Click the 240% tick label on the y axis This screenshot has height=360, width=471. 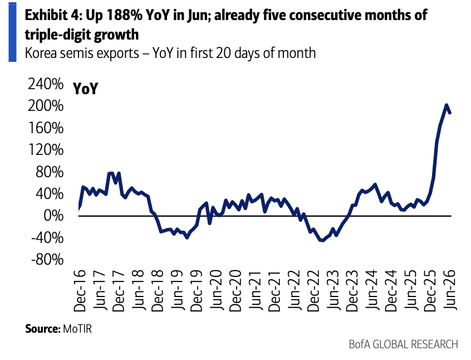point(46,84)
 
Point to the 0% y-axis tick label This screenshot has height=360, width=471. point(53,216)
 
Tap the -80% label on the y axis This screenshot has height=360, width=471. point(47,260)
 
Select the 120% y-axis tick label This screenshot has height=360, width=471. point(46,149)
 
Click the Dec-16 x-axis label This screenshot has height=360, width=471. point(80,290)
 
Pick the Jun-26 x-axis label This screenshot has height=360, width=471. point(450,290)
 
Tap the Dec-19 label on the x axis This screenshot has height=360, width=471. point(197,290)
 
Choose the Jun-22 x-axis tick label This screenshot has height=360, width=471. point(294,290)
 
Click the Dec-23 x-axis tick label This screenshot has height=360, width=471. point(352,290)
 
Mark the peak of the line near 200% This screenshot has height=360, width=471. point(447,105)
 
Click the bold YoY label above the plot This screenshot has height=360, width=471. point(85,89)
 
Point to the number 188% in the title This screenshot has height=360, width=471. point(124,15)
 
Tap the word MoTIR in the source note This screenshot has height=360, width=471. point(77,328)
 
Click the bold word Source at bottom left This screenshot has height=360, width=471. point(43,328)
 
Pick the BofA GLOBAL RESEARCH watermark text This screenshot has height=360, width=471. point(404,344)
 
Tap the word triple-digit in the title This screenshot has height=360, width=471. point(57,35)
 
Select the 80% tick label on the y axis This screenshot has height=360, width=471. point(50,172)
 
